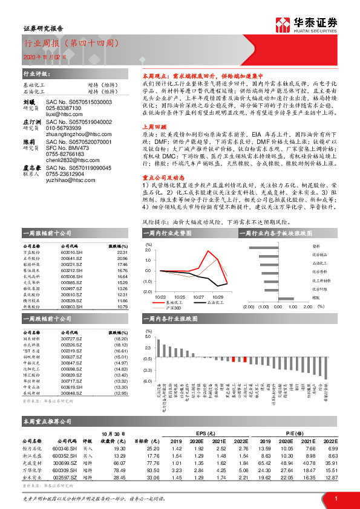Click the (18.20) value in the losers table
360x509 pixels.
pos(120,340)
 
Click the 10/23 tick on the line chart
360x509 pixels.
pos(160,296)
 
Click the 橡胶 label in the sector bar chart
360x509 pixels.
pos(316,299)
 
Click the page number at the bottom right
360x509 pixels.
pos(336,497)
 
